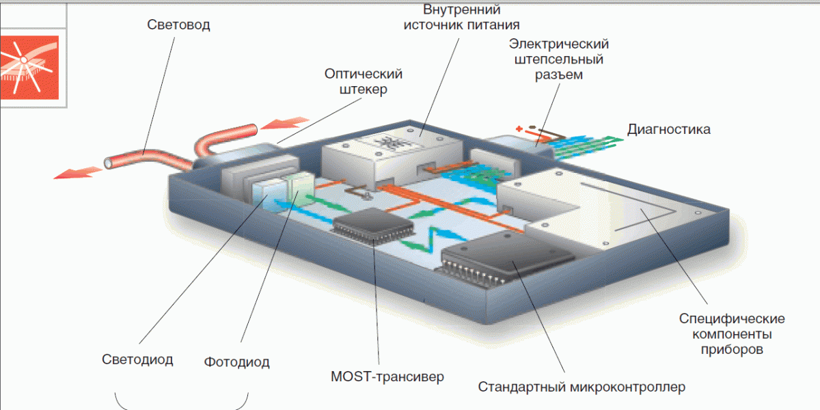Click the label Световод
click(x=178, y=25)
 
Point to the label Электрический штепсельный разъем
click(x=558, y=59)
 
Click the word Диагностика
click(x=668, y=129)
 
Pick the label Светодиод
click(x=137, y=359)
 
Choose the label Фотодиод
click(x=236, y=361)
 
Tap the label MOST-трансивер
click(x=387, y=376)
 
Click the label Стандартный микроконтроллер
click(x=582, y=387)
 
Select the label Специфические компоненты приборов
click(x=732, y=334)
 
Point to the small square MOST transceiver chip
click(x=372, y=226)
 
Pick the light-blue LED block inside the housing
click(x=267, y=193)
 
